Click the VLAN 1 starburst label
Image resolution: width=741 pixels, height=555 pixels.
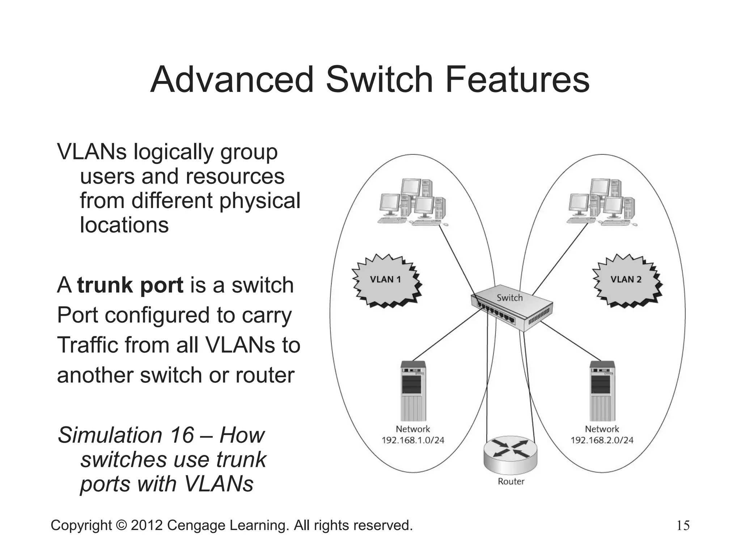(x=385, y=279)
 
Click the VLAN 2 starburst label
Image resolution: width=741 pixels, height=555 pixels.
(x=626, y=279)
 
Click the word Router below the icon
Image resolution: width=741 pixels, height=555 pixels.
(x=511, y=482)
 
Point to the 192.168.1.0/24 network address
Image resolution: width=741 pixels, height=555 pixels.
(x=413, y=440)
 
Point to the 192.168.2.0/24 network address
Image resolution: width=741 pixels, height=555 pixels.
(x=602, y=440)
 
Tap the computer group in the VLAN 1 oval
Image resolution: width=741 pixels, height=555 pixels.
(x=412, y=202)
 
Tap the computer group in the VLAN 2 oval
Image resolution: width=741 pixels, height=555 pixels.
(x=601, y=202)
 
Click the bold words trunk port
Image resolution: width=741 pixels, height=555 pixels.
(x=130, y=285)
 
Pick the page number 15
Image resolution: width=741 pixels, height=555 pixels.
(x=683, y=525)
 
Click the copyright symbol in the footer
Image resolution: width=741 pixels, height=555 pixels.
(x=121, y=525)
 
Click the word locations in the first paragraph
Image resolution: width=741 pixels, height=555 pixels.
(x=124, y=225)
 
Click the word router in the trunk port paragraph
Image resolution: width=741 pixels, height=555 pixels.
(x=265, y=375)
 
